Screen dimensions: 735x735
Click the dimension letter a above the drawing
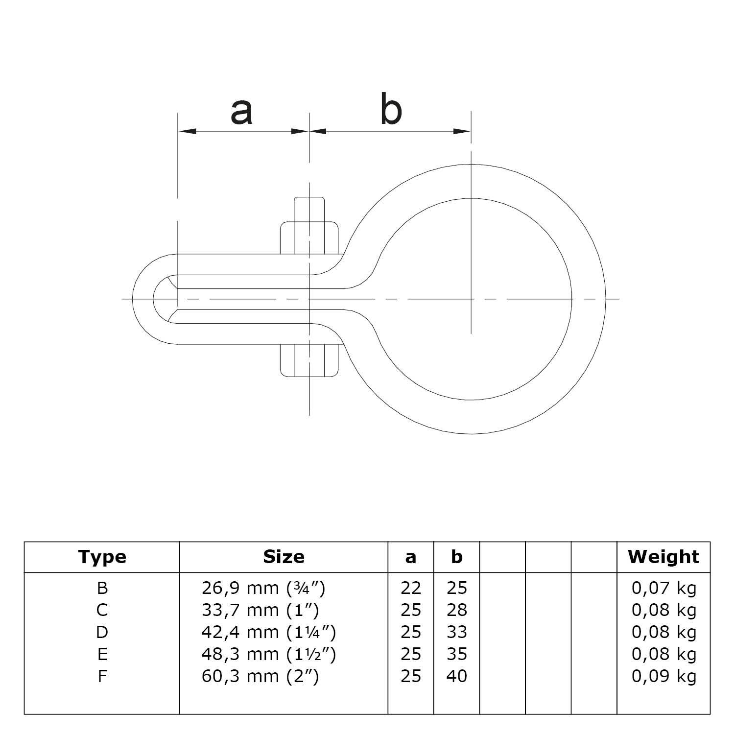click(x=241, y=112)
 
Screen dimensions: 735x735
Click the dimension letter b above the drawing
click(x=391, y=111)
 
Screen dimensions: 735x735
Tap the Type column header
click(x=102, y=557)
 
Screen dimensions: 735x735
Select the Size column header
click(x=284, y=557)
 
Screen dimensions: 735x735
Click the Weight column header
click(x=664, y=557)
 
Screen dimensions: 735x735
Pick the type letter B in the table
click(x=102, y=588)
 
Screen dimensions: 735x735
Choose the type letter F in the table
click(x=102, y=676)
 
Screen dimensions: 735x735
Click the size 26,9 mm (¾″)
click(x=263, y=588)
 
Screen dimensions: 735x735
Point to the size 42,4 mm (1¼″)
click(x=268, y=632)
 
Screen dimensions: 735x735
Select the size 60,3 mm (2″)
click(x=260, y=676)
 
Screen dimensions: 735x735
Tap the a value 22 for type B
click(x=411, y=588)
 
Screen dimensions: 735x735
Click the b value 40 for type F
click(x=457, y=676)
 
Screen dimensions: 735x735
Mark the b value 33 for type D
click(x=457, y=632)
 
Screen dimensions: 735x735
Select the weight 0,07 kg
click(x=664, y=588)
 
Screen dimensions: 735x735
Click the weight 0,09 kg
click(x=664, y=676)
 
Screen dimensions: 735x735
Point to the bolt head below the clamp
click(x=309, y=360)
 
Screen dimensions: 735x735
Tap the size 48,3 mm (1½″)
click(x=268, y=654)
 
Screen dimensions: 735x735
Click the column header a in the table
click(x=411, y=557)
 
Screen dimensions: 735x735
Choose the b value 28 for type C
click(x=457, y=610)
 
